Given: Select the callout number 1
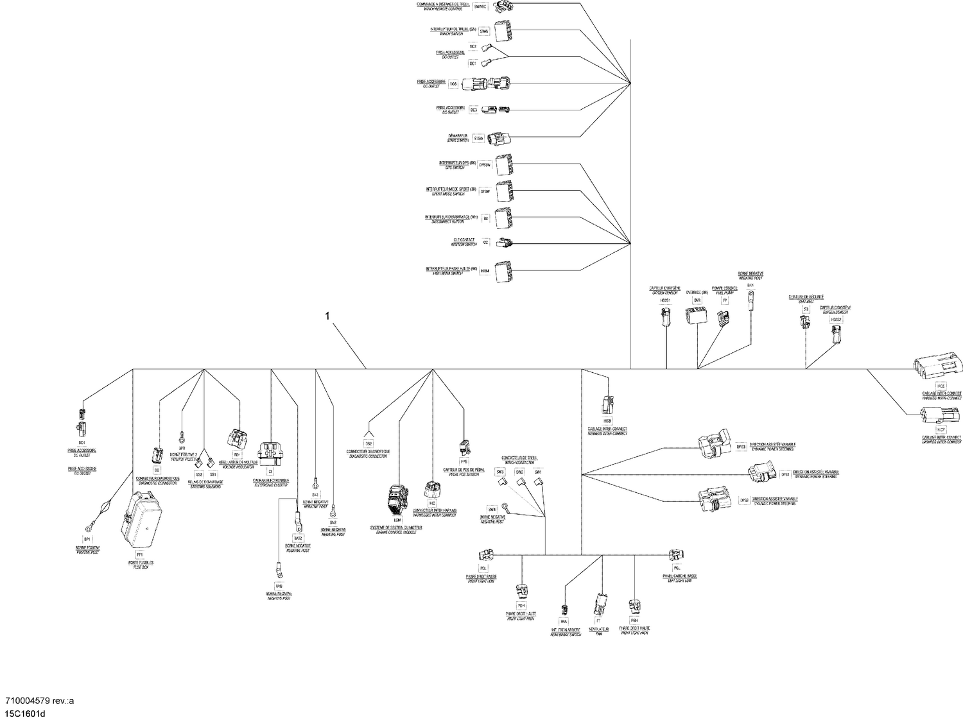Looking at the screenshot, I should pos(328,316).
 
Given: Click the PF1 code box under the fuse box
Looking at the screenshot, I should pos(139,553).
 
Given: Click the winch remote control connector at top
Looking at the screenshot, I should pos(507,6).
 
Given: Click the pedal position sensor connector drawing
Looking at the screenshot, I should pos(464,448).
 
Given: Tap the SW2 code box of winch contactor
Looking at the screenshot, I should pos(520,472).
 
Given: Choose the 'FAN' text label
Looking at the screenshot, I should pos(598,633).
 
